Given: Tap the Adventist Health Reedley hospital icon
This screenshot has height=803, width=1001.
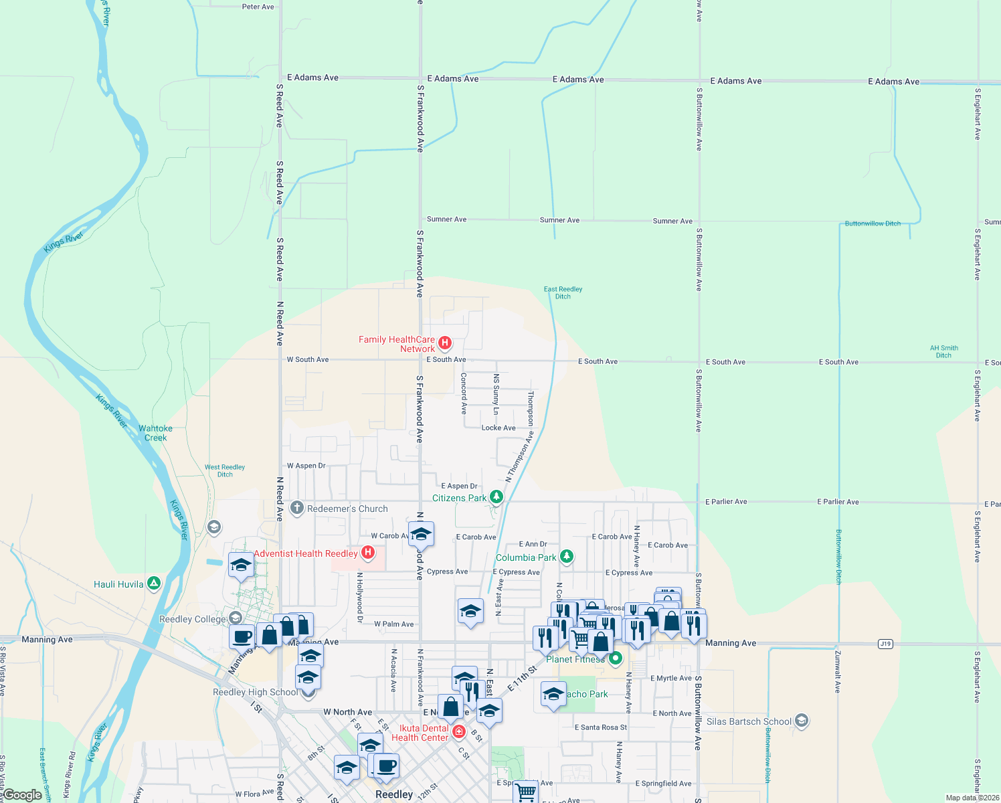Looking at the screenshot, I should (x=367, y=553).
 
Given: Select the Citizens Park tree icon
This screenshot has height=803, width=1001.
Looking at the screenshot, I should (x=496, y=497).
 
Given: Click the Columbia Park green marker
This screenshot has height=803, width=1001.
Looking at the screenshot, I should (x=567, y=557).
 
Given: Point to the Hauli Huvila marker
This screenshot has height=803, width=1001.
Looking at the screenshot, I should (x=154, y=584).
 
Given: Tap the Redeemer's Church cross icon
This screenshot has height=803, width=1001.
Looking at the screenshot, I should (x=297, y=509).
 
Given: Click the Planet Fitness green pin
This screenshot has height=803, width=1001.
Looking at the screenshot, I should (x=616, y=658).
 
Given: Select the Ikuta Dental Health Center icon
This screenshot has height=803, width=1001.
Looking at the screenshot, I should (x=459, y=732).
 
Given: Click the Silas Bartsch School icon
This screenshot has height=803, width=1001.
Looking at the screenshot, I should (x=802, y=721).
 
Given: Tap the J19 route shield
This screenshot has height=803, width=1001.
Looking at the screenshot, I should (x=885, y=644).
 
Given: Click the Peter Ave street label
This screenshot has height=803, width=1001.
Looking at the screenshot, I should (x=258, y=7).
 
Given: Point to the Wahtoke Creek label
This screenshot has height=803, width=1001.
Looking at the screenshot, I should (x=155, y=433).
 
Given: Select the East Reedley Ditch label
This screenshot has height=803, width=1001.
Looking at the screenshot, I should (x=563, y=292).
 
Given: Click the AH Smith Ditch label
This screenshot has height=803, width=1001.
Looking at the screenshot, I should (x=943, y=351).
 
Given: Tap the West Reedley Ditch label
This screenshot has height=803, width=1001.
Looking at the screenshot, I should (x=225, y=470).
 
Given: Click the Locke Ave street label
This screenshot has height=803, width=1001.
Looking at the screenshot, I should (x=498, y=428).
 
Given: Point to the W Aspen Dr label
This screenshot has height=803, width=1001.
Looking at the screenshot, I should (x=306, y=466).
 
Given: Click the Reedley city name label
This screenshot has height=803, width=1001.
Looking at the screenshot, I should (x=394, y=794).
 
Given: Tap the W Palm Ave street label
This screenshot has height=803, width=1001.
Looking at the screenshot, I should (x=393, y=624).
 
